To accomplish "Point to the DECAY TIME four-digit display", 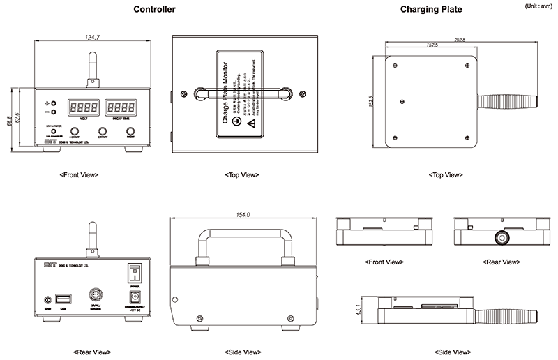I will [120, 107].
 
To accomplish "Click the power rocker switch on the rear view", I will [135, 272].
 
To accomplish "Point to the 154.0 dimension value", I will [243, 215].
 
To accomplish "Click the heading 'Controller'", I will [155, 10].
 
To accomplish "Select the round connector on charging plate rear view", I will [499, 237].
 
